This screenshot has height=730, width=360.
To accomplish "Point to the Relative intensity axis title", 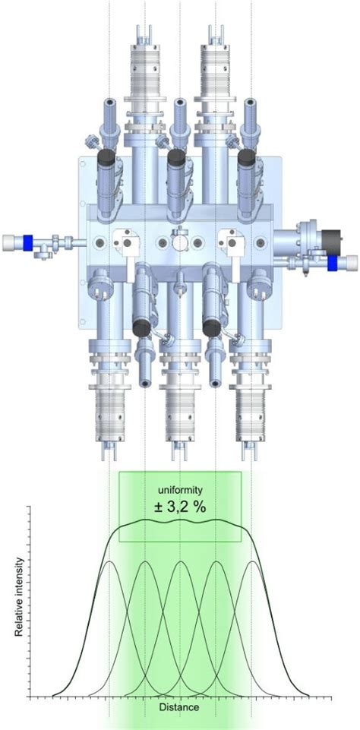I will click(22, 597).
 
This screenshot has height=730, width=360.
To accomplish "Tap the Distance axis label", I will click(179, 706).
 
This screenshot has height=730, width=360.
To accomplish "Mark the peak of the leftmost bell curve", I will click(110, 561).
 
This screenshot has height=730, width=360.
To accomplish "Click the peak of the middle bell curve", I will click(180, 561).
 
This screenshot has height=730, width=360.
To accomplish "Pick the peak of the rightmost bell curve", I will click(251, 561).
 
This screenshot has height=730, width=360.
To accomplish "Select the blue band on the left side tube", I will click(28, 242).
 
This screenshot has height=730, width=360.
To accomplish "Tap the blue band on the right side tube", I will click(333, 263).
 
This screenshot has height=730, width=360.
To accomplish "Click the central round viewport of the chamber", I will click(179, 242).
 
